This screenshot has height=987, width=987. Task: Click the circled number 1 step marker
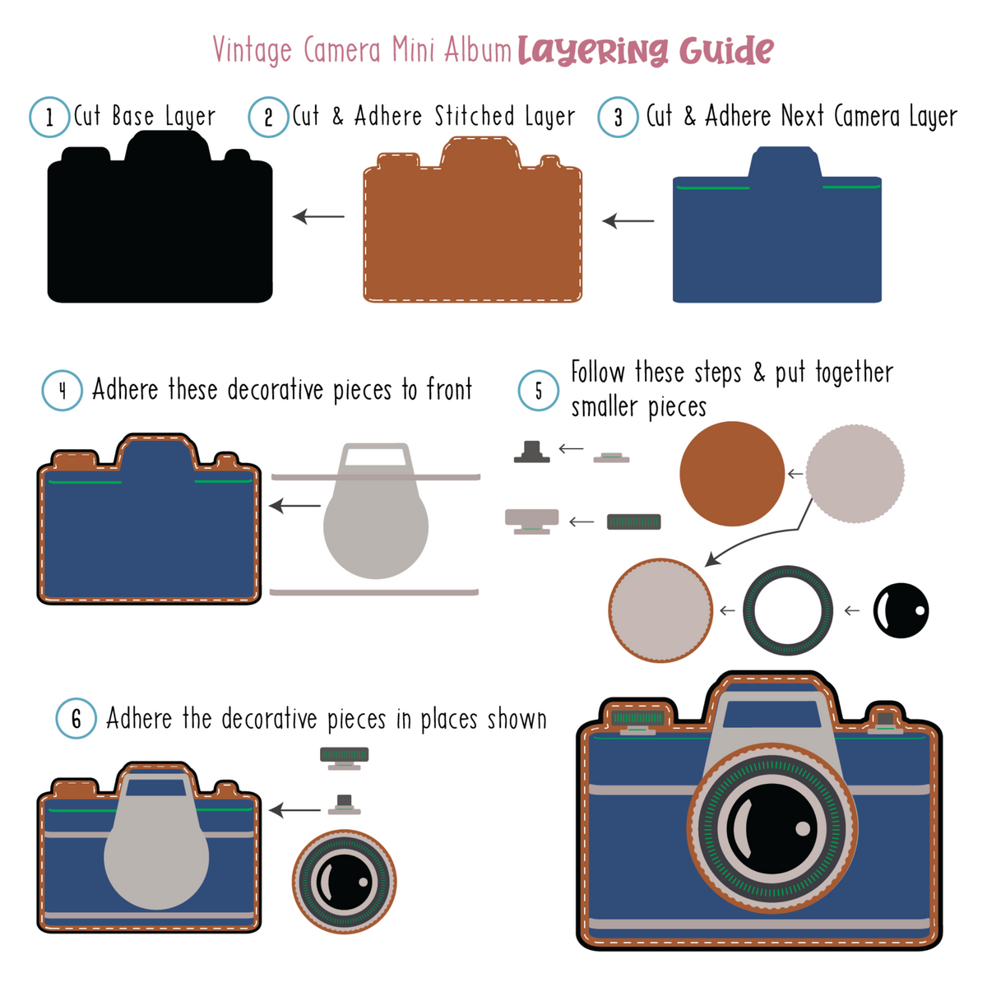pyautogui.click(x=49, y=117)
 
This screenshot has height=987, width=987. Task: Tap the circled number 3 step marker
pyautogui.click(x=618, y=117)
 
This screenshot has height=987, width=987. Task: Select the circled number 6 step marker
pyautogui.click(x=76, y=718)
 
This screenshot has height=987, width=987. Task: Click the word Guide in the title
pyautogui.click(x=726, y=51)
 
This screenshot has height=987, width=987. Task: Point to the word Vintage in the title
pyautogui.click(x=253, y=50)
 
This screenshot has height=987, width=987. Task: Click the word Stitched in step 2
pyautogui.click(x=475, y=116)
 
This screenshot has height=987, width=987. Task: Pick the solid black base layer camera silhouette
pyautogui.click(x=160, y=216)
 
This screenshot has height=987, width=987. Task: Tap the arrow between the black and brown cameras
pyautogui.click(x=318, y=216)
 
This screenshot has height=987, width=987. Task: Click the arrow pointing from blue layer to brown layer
pyautogui.click(x=628, y=220)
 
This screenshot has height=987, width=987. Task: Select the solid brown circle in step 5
pyautogui.click(x=732, y=474)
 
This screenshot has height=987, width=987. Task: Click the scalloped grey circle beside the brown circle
pyautogui.click(x=855, y=474)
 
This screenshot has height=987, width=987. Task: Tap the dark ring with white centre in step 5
pyautogui.click(x=788, y=610)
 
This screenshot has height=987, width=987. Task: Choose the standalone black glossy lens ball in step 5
pyautogui.click(x=901, y=610)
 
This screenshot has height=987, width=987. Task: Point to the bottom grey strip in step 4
pyautogui.click(x=374, y=592)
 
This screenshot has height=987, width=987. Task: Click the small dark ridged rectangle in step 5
pyautogui.click(x=633, y=522)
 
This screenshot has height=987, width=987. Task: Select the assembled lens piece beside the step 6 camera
pyautogui.click(x=344, y=882)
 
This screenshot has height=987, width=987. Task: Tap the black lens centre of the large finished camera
pyautogui.click(x=772, y=828)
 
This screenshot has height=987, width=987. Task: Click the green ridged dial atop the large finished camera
pyautogui.click(x=637, y=717)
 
